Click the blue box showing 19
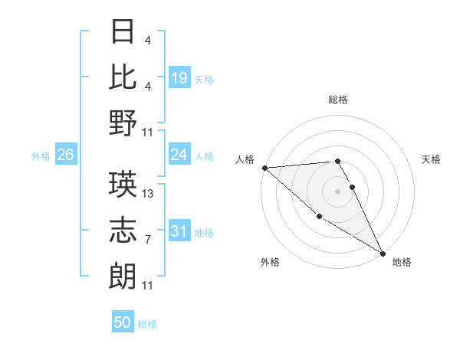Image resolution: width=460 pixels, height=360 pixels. click(x=179, y=77)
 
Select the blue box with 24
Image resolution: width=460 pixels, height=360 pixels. click(x=179, y=155)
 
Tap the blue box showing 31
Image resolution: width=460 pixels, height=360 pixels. click(x=179, y=231)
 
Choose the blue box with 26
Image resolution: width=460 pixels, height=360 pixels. click(x=65, y=155)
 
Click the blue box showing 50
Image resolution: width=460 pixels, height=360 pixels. click(x=123, y=322)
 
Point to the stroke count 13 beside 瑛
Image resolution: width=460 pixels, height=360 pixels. click(x=148, y=194)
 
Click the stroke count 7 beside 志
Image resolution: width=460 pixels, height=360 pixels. click(x=148, y=239)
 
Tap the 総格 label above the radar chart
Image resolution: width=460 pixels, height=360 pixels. click(x=338, y=100)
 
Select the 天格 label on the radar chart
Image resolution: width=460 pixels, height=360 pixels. click(x=431, y=159)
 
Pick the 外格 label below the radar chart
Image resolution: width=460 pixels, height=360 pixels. click(x=269, y=263)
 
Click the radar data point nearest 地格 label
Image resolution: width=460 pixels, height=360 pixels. click(x=383, y=253)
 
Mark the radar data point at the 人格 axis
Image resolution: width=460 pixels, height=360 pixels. click(x=264, y=167)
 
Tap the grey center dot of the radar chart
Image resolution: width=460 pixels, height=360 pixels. click(x=337, y=191)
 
